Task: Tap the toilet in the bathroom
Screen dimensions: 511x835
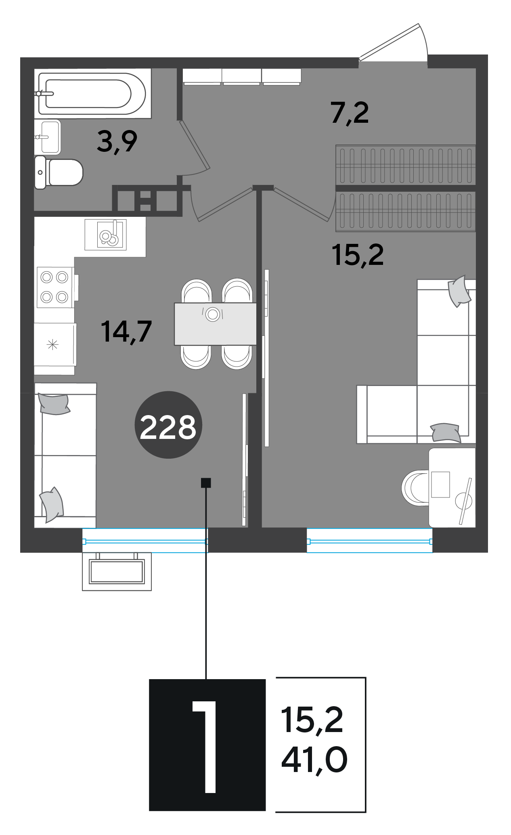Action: (59, 172)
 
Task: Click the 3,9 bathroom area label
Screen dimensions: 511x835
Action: (117, 142)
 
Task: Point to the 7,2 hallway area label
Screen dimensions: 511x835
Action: (350, 113)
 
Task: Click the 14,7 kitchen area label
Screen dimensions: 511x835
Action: (126, 331)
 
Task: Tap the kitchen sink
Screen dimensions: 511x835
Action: (106, 235)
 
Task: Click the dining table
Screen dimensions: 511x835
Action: (215, 324)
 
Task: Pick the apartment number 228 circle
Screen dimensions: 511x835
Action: (168, 425)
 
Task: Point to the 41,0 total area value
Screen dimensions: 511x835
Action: (314, 760)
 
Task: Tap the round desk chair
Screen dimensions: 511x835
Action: (415, 487)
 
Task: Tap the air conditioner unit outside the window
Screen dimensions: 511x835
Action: (117, 571)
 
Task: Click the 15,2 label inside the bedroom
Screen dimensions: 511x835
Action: (358, 255)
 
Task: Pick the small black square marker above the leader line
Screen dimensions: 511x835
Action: (206, 483)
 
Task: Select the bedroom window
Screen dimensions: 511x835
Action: (369, 541)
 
